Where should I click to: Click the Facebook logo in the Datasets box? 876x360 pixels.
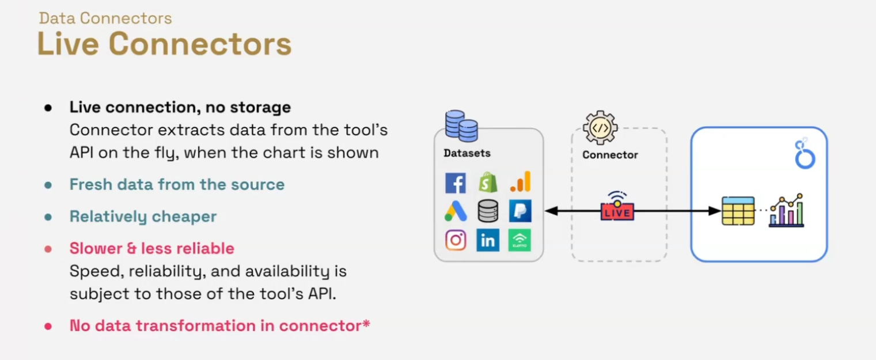click(x=456, y=183)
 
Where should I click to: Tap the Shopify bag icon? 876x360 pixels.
click(x=488, y=183)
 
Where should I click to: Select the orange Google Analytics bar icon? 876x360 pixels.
click(x=520, y=182)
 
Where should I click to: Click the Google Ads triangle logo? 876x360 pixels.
click(x=456, y=211)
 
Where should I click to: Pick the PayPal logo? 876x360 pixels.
click(x=520, y=211)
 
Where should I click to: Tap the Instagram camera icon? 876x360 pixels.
click(x=456, y=240)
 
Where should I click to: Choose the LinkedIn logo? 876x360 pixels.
click(x=488, y=240)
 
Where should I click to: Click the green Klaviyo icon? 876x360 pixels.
click(x=519, y=240)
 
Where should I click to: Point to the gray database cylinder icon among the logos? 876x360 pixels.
click(x=488, y=211)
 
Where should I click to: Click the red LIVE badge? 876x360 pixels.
click(x=617, y=211)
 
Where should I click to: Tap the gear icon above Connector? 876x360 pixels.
click(x=600, y=127)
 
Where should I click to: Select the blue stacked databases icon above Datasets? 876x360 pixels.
click(x=461, y=126)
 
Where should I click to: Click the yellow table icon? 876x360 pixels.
click(x=738, y=211)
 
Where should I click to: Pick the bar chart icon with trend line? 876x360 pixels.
click(x=787, y=210)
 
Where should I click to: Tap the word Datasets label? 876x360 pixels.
click(x=467, y=154)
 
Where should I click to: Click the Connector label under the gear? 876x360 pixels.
click(x=610, y=155)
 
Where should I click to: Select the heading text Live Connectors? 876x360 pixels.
click(x=164, y=44)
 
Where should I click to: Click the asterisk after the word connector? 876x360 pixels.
click(x=366, y=324)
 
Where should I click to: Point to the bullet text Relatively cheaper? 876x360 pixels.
click(x=143, y=217)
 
